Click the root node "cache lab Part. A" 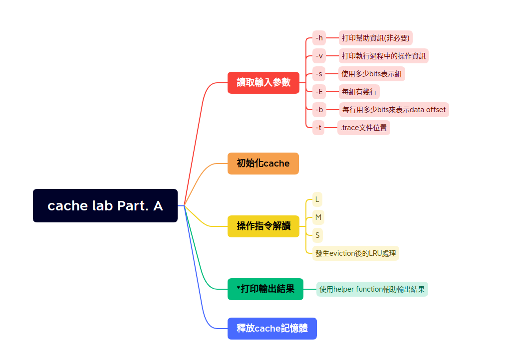[x=105, y=205]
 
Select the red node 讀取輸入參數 [x=263, y=83]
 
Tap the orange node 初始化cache [x=263, y=164]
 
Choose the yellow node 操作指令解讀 [x=263, y=226]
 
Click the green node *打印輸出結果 [x=265, y=289]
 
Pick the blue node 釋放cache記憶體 [x=272, y=329]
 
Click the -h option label [x=319, y=38]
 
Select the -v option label [x=319, y=56]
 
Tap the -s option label [x=319, y=74]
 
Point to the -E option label [x=319, y=92]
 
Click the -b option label [x=319, y=110]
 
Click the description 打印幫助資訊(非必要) [x=376, y=38]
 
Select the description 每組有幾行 [x=359, y=92]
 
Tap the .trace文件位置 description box [x=363, y=128]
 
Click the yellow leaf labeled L [x=317, y=199]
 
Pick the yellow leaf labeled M [x=318, y=217]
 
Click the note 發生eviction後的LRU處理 [x=356, y=253]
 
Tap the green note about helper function [x=372, y=289]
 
